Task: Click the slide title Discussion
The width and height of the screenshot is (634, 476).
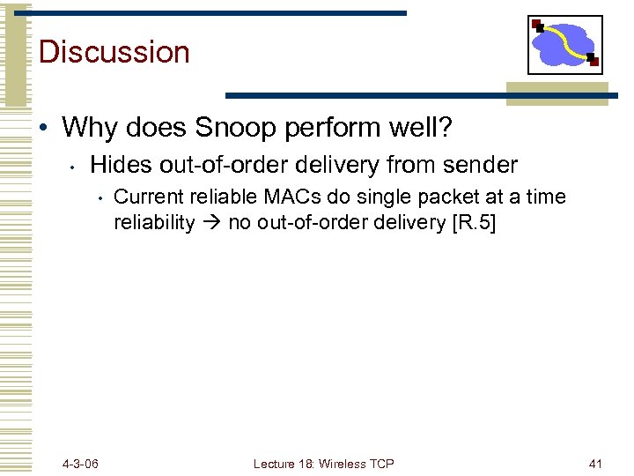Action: pos(114,51)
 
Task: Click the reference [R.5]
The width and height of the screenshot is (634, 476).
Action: pos(474,222)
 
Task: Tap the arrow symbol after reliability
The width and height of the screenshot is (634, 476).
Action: pos(211,223)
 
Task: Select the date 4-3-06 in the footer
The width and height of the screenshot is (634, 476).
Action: pos(81,464)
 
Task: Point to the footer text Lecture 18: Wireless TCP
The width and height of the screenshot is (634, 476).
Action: pos(323,464)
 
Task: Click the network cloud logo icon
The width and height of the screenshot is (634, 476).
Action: pos(564,44)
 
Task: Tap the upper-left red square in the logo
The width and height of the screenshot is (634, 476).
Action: pos(537,25)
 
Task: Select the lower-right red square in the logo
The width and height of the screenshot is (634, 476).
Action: pos(593,62)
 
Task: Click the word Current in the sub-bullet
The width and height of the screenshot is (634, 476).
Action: pos(145,197)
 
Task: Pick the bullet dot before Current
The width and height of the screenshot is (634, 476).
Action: pos(102,197)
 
